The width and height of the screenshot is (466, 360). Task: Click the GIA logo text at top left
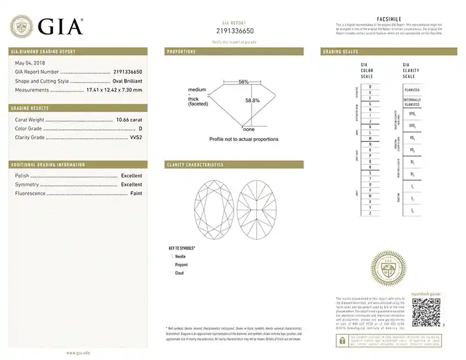61,26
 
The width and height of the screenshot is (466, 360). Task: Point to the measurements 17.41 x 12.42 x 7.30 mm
115,90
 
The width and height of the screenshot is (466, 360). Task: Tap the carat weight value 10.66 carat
129,119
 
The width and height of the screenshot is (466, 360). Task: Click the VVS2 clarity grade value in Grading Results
135,137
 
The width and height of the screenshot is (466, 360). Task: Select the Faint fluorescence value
136,193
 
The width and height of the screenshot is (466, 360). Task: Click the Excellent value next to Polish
131,175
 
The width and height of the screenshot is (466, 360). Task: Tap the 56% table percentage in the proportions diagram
243,82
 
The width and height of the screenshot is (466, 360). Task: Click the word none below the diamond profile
249,129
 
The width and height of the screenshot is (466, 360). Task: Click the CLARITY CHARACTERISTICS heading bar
234,165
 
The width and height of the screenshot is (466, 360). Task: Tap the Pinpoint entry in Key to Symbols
181,264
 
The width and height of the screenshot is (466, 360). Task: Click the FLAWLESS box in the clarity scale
412,90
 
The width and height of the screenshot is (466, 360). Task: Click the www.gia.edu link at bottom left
77,352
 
